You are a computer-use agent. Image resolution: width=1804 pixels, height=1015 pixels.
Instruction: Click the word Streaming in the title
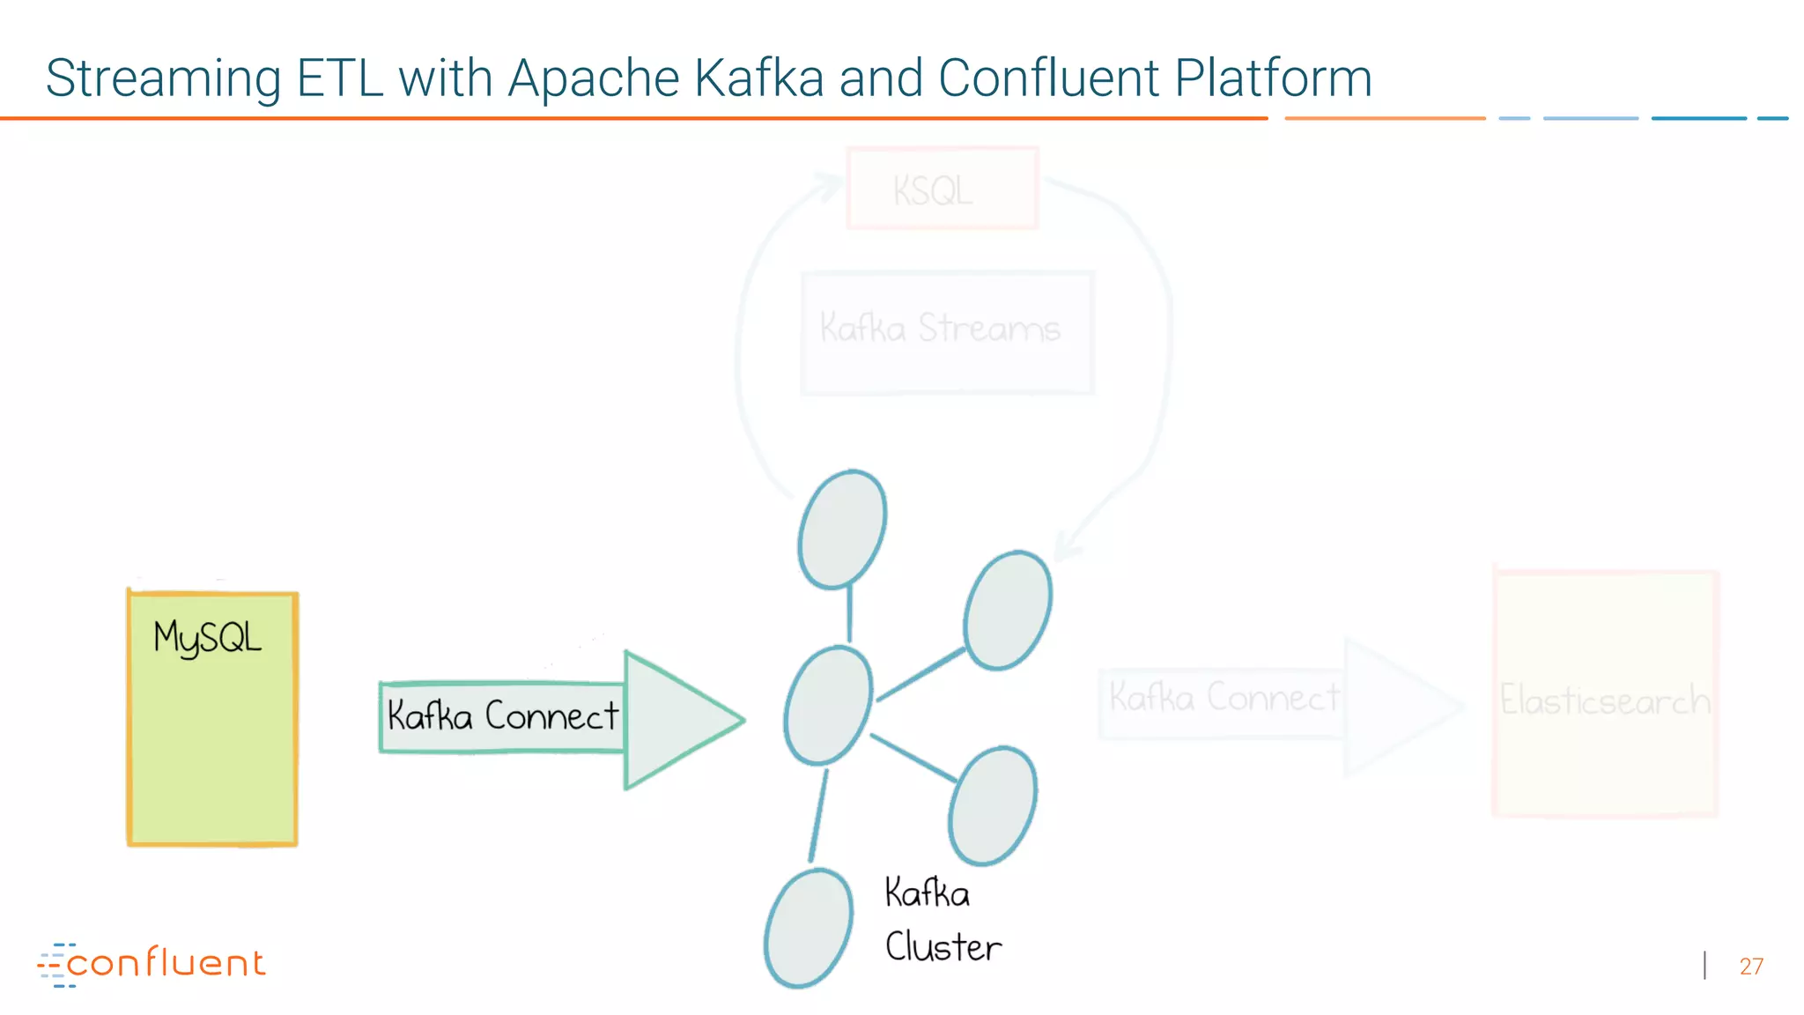[163, 79]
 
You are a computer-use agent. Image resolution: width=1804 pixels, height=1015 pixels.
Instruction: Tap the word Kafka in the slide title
[758, 78]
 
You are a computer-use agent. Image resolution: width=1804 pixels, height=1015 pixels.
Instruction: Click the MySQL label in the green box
[207, 638]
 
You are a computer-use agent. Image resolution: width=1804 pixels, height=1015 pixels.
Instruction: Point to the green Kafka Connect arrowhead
[678, 720]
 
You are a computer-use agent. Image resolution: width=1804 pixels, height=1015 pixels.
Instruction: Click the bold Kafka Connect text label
[502, 716]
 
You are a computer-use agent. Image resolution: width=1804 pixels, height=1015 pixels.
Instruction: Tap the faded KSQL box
[942, 189]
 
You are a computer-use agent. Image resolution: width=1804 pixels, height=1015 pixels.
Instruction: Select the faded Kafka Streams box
[947, 332]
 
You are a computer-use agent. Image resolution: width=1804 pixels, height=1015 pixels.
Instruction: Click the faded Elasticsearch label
[1604, 700]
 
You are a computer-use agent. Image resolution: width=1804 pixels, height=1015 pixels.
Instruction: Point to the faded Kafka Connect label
[1223, 698]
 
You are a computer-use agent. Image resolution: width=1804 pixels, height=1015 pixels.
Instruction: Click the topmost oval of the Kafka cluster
[842, 529]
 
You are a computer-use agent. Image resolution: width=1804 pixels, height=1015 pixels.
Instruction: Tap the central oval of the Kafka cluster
[828, 705]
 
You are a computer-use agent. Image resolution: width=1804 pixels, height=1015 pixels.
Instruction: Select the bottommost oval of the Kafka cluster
[808, 928]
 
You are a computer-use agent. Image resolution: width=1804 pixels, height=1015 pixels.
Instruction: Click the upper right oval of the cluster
[1007, 610]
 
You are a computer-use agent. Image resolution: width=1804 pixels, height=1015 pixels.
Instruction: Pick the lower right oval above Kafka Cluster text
[992, 805]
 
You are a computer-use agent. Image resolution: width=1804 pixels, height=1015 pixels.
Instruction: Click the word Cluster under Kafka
[943, 948]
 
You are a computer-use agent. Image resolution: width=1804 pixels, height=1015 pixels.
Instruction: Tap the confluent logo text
[165, 963]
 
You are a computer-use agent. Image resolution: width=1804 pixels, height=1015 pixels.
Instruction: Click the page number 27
[1750, 967]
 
